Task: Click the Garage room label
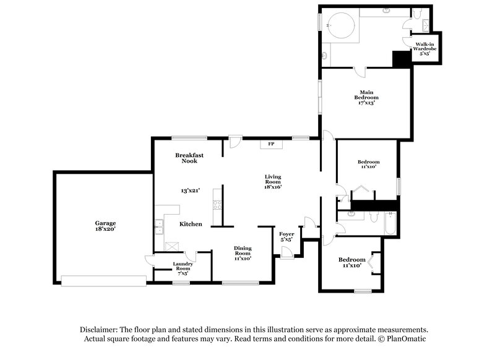click(x=105, y=223)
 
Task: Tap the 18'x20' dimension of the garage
click(x=105, y=229)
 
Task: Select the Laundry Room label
click(x=183, y=267)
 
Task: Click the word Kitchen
click(x=191, y=224)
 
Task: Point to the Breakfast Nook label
click(x=189, y=158)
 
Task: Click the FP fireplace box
click(x=270, y=144)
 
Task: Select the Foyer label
click(x=286, y=233)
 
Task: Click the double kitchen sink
click(x=159, y=227)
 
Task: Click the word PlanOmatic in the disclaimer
click(x=408, y=339)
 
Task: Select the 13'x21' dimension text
click(x=189, y=191)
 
